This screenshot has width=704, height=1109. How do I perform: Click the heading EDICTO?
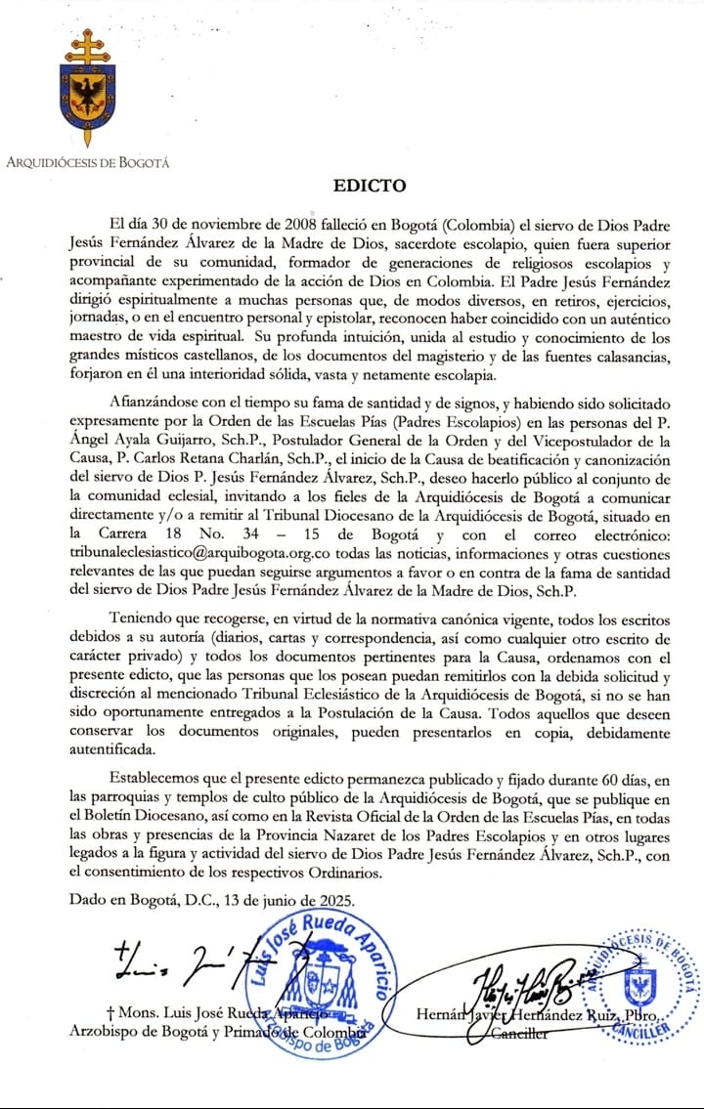coord(369,186)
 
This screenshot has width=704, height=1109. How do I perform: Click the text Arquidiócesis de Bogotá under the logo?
coord(87,162)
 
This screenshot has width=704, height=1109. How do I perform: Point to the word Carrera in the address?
coord(123,533)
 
